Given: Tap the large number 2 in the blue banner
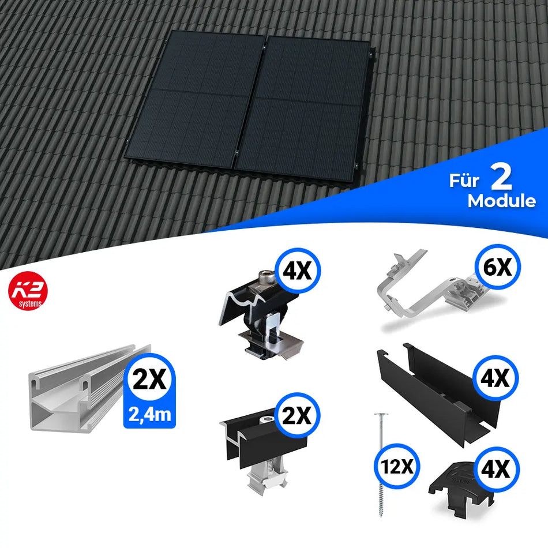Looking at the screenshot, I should pos(502,179).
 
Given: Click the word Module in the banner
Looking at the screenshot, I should pos(501,201).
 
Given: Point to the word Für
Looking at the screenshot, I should pos(464,182).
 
